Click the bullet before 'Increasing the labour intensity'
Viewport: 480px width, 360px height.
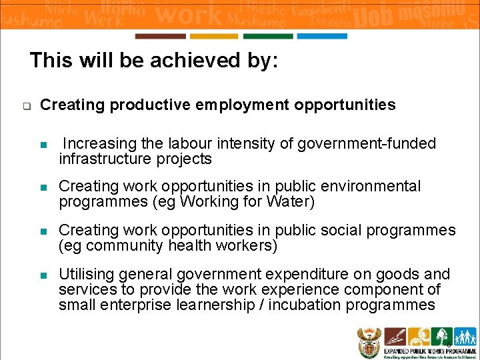(x=44, y=145)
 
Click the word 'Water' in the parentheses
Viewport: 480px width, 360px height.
(x=290, y=201)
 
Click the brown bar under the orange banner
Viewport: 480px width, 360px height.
(x=160, y=36)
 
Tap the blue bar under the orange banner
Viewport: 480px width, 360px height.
(x=322, y=36)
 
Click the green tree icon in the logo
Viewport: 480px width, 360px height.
(x=441, y=335)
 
